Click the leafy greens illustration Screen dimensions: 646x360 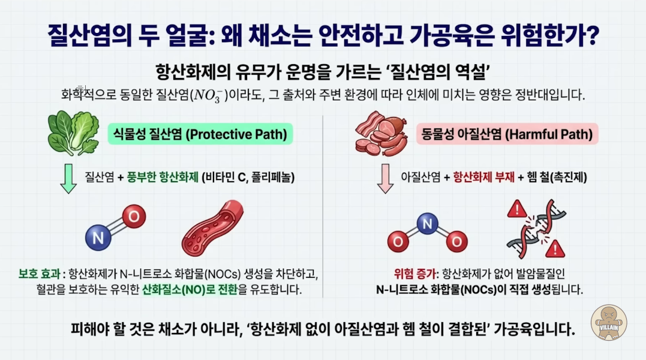[x=73, y=133]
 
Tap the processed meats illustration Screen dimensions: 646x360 [x=381, y=133]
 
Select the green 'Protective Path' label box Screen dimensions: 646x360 [x=200, y=134]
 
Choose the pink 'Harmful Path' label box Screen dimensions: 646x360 [x=507, y=134]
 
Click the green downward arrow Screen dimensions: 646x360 [x=68, y=179]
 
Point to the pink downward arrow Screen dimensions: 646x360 [x=385, y=179]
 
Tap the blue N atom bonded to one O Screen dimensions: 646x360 [x=98, y=238]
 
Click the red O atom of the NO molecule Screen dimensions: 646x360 [x=134, y=216]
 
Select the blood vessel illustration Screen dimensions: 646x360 [x=212, y=228]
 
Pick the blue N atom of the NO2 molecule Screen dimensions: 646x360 [x=427, y=224]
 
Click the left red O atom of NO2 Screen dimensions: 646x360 [x=398, y=241]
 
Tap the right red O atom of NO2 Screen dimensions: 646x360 [x=456, y=241]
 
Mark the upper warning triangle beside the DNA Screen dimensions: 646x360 [x=516, y=209]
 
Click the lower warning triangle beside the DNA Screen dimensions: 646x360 [x=555, y=248]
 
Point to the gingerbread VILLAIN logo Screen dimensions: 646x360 [x=608, y=323]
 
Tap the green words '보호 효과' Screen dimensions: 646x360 [x=39, y=274]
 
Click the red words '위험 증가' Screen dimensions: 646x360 [x=414, y=274]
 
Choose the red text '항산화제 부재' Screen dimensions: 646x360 [x=483, y=177]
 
